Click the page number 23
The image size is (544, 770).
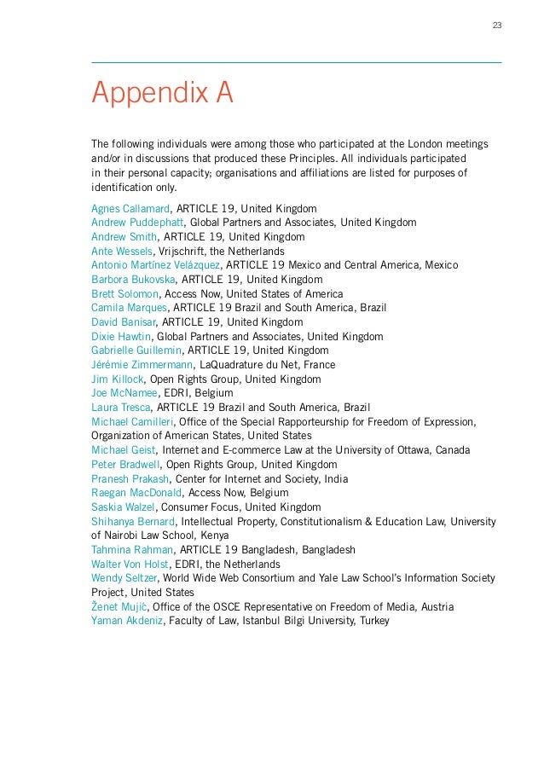tap(497, 24)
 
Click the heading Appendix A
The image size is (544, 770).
tap(162, 92)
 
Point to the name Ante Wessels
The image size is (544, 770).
tap(123, 251)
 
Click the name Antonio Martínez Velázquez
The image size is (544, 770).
tap(157, 265)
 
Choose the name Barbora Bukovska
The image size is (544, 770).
tap(133, 280)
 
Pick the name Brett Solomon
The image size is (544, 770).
tap(124, 293)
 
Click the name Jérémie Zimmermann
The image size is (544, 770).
tap(142, 365)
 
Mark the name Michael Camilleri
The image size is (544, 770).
tap(135, 421)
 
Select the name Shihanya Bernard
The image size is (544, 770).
tap(133, 522)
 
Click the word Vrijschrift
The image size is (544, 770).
tap(186, 251)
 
